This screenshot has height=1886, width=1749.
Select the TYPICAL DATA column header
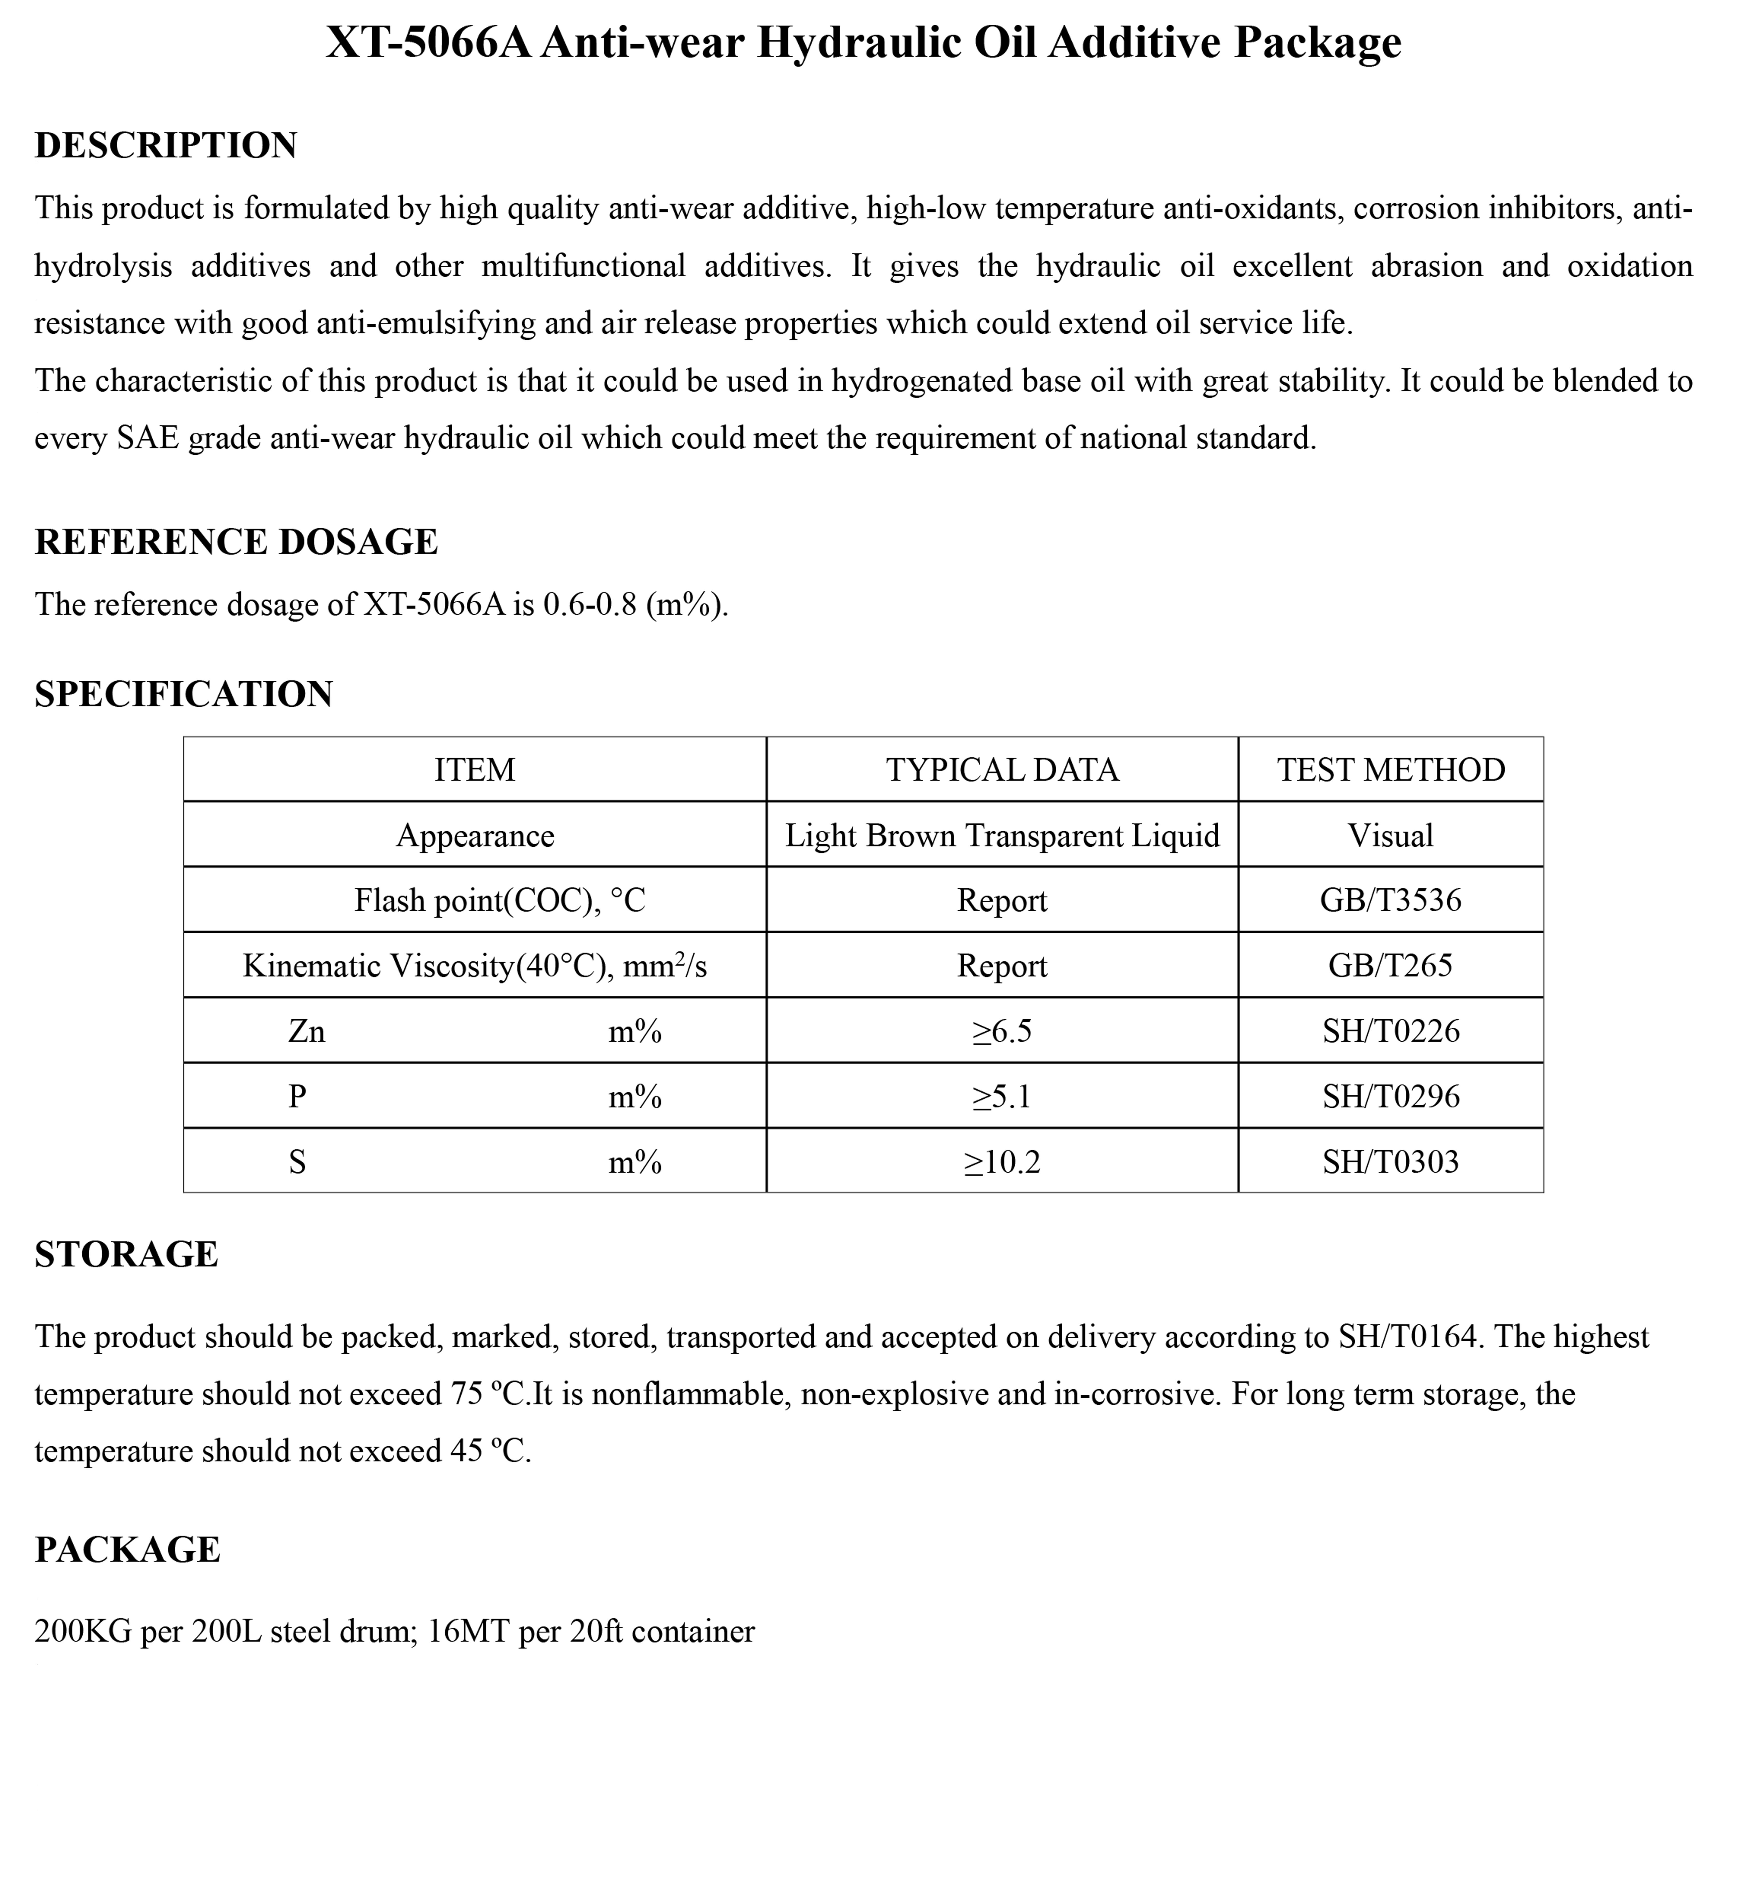[x=1002, y=770]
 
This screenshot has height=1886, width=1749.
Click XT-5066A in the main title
[x=428, y=43]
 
